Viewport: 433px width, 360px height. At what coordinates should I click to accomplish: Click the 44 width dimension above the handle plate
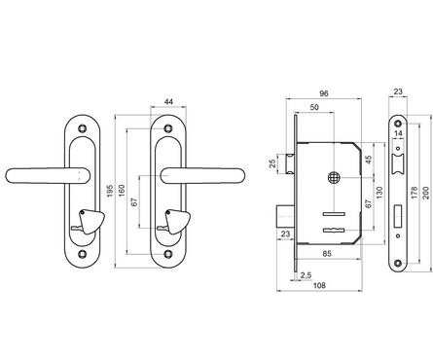click(168, 102)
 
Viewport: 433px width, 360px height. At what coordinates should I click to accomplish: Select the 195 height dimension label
click(110, 191)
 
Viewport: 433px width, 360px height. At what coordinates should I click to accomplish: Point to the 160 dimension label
click(122, 191)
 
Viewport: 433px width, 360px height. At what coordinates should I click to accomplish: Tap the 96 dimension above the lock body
click(324, 93)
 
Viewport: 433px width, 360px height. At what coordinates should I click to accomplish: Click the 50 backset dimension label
click(314, 107)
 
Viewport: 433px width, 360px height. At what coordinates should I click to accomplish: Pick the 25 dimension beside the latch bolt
click(272, 163)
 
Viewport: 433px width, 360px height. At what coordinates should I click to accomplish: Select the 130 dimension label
click(379, 193)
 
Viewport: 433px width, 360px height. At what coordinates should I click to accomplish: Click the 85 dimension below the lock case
click(327, 253)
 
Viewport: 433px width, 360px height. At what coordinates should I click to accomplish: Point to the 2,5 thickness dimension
click(306, 275)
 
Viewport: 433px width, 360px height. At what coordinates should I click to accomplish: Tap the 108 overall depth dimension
click(319, 286)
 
